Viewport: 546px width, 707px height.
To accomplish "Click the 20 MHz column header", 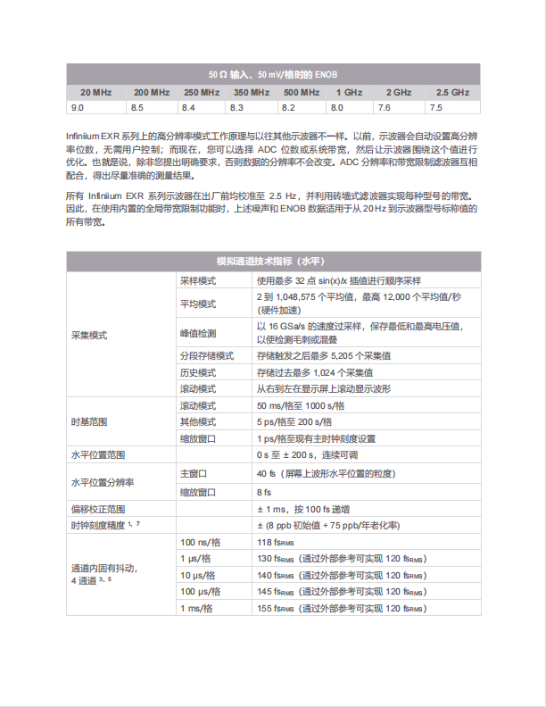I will pos(95,92).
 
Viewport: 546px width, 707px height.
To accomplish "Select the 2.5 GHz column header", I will pos(452,92).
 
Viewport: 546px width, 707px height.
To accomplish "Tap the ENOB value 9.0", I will pos(78,107).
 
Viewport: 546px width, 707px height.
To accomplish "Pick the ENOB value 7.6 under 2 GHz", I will pos(385,107).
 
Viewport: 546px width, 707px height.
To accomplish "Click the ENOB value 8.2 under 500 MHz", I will pos(288,107).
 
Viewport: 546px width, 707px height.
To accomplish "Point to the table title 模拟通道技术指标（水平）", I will pos(273,261).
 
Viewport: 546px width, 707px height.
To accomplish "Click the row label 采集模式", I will pos(88,336).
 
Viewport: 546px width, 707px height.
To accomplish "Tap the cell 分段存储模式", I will pos(204,355).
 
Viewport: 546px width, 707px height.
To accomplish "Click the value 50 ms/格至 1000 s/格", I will pos(300,405).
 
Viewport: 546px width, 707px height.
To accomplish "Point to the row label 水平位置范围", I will pos(97,455).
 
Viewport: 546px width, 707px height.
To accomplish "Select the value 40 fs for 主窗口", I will pos(266,473).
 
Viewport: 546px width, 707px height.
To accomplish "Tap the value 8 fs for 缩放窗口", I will pos(264,491).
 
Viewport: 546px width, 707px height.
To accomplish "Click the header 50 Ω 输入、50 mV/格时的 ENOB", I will pos(273,75).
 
